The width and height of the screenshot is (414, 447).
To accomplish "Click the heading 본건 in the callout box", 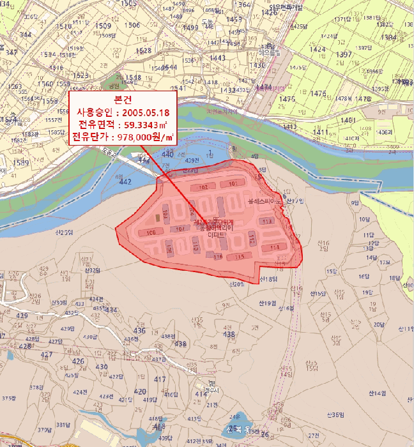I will pos(121,100).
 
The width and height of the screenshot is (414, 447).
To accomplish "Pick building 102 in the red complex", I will pos(203,188).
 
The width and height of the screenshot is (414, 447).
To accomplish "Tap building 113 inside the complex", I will pos(266,221).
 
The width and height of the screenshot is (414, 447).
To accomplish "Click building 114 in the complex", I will pos(275,247).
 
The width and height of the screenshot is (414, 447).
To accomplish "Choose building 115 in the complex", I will pos(240,256).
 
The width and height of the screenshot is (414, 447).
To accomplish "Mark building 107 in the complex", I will pos(180,228).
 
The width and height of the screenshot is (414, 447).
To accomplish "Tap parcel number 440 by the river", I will pos(167,155).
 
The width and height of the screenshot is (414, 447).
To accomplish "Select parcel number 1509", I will pos(102,26).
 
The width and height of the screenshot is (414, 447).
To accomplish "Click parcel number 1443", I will pos(217,58).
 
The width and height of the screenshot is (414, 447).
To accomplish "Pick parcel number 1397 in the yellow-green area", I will pos(344,55).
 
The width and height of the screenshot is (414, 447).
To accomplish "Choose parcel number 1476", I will pos(287,99).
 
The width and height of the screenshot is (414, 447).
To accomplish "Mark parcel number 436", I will pos(140,330).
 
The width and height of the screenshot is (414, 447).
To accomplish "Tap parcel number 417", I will pos(161,379).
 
